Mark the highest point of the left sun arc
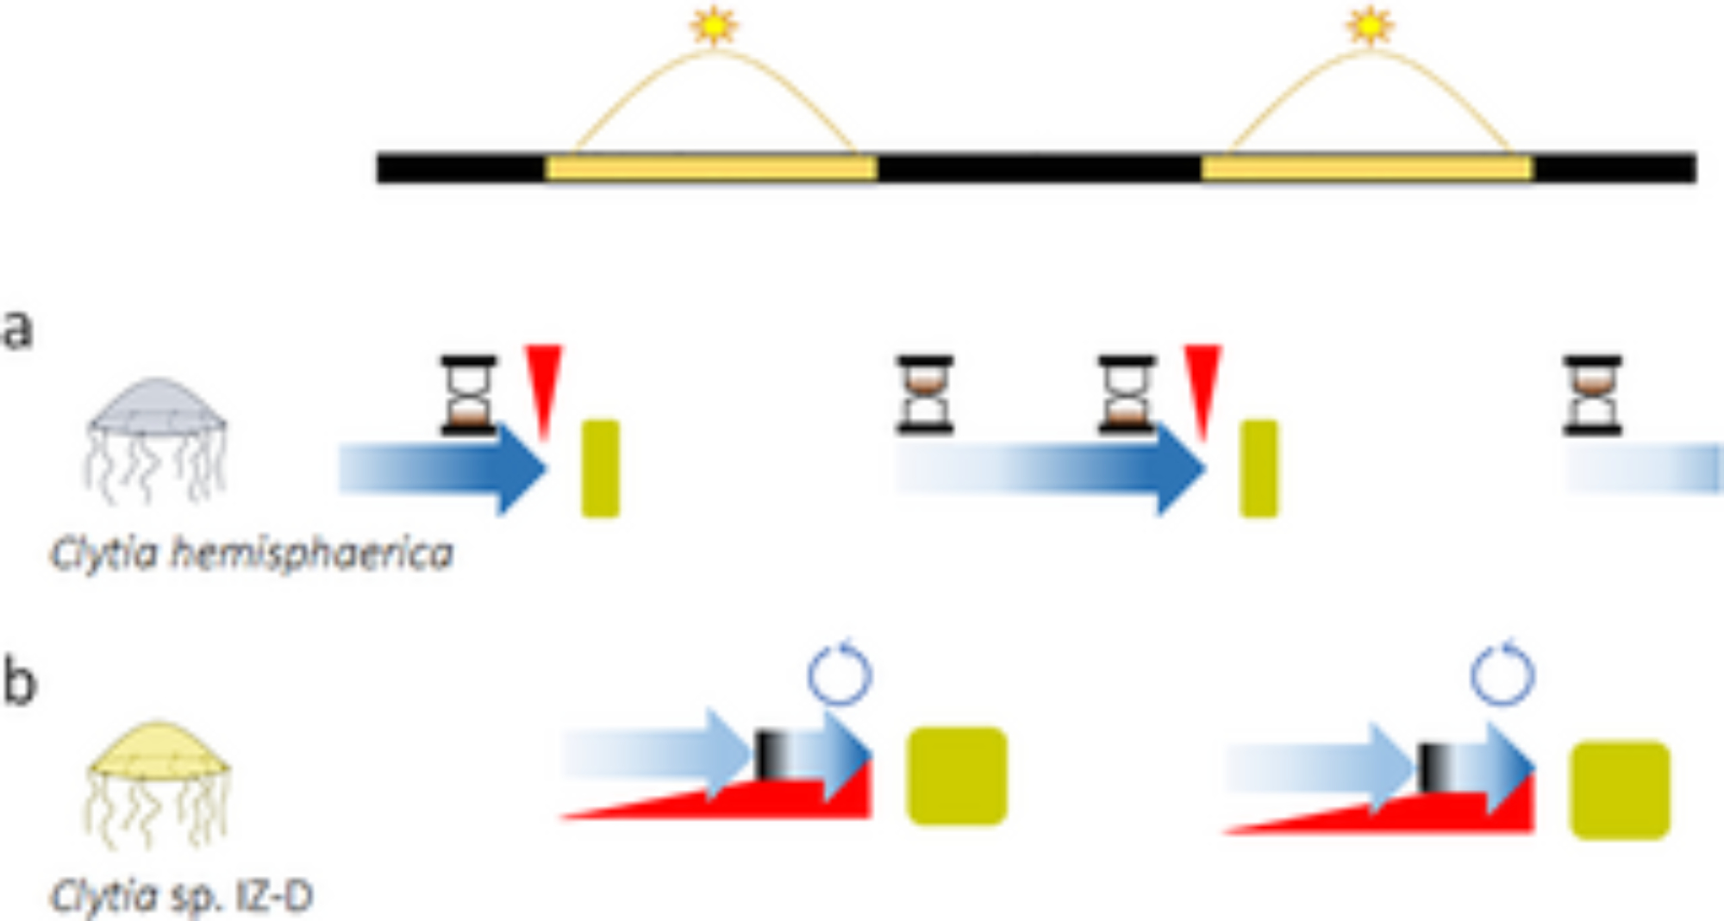(x=714, y=50)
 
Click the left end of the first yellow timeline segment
(x=547, y=168)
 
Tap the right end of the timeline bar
(x=1696, y=168)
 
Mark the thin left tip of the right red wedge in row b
(x=1224, y=832)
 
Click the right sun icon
(x=1370, y=26)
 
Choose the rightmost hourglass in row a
(x=1593, y=395)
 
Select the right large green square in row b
(x=1620, y=790)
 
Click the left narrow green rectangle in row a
(x=601, y=469)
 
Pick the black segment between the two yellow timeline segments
(x=1040, y=168)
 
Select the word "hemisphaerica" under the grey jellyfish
(x=312, y=554)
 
